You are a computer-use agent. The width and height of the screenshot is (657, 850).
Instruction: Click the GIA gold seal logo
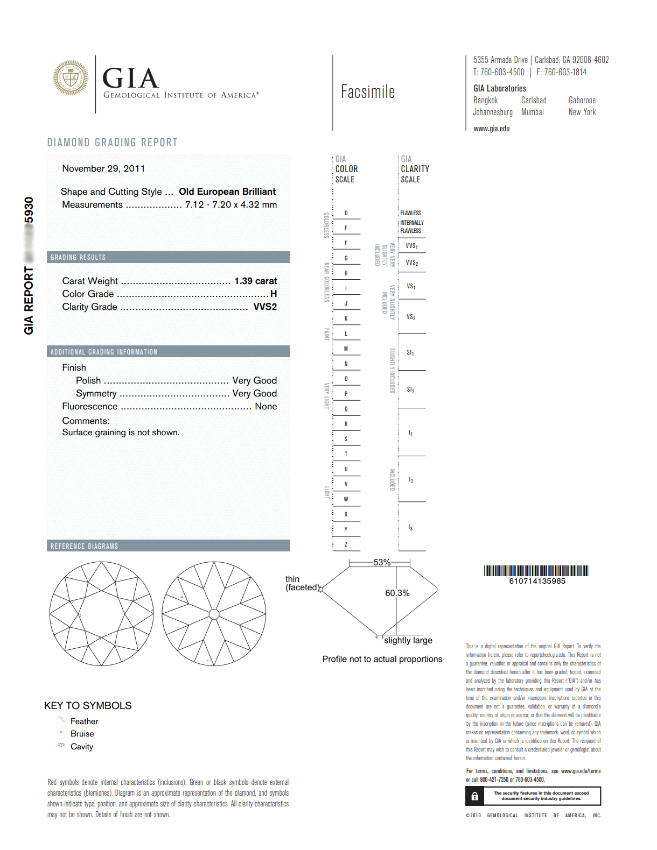[x=71, y=78]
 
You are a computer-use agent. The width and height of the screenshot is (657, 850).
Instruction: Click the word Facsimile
[x=368, y=92]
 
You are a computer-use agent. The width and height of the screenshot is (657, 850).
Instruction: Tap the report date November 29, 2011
[x=103, y=168]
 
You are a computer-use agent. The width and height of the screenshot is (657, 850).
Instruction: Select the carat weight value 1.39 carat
[x=255, y=281]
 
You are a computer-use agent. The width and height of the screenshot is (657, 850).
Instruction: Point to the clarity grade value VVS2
[x=265, y=307]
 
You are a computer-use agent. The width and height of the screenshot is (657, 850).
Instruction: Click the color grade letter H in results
[x=274, y=294]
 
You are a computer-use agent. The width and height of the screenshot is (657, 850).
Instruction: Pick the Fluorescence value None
[x=265, y=406]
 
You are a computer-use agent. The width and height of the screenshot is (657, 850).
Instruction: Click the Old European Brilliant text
[x=227, y=192]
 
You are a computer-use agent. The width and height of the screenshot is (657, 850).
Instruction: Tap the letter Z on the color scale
[x=346, y=544]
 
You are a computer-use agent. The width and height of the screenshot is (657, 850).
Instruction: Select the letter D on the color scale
[x=346, y=213]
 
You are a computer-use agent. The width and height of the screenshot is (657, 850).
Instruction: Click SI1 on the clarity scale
[x=410, y=352]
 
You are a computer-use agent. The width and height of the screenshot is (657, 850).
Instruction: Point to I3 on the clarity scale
[x=410, y=528]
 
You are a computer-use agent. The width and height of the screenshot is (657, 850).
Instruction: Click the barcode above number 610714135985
[x=536, y=571]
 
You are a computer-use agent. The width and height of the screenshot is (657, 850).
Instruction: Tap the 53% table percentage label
[x=382, y=562]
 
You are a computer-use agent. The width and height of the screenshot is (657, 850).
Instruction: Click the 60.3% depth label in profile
[x=397, y=593]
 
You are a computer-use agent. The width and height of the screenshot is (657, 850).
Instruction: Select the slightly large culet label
[x=408, y=640]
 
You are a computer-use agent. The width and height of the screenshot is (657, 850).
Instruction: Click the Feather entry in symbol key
[x=84, y=721]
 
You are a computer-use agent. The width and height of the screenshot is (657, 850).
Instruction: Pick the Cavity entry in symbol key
[x=81, y=746]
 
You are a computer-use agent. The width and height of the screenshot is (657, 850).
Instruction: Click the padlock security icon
[x=474, y=796]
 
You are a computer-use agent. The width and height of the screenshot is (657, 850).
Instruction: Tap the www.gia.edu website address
[x=491, y=129]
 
